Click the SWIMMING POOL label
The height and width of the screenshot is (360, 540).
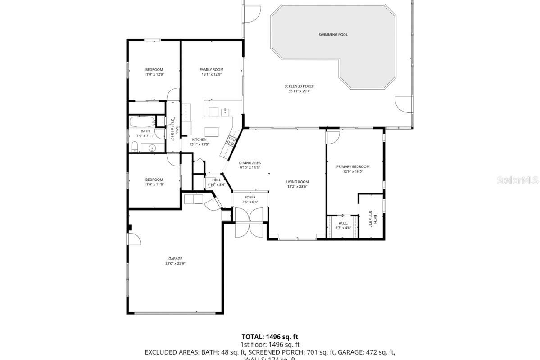333,35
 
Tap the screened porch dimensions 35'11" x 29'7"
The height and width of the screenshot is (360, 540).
299,91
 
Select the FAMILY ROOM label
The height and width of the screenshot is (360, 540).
211,70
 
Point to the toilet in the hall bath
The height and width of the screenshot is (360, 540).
134,146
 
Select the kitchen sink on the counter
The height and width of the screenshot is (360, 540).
225,112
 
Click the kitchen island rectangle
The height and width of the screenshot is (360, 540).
212,131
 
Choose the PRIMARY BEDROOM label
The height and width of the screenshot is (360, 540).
353,166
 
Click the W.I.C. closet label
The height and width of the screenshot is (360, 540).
343,223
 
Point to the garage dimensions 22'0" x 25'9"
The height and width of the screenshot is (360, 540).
175,264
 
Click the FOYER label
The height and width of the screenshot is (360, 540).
250,197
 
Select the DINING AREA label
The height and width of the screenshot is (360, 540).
250,163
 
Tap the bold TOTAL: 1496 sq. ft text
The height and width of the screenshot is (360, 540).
270,337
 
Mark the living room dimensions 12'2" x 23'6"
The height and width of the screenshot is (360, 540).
297,187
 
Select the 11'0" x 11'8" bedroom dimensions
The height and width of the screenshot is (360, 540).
154,184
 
